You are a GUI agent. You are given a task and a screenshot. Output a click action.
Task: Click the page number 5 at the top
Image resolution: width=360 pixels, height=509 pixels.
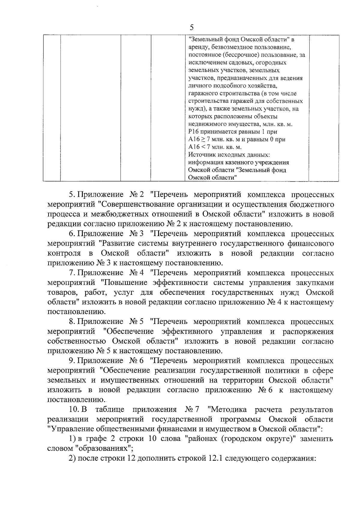191,27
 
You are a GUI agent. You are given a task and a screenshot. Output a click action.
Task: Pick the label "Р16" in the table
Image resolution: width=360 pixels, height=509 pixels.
193,132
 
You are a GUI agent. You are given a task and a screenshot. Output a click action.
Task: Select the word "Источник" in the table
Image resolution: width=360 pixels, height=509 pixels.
200,155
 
